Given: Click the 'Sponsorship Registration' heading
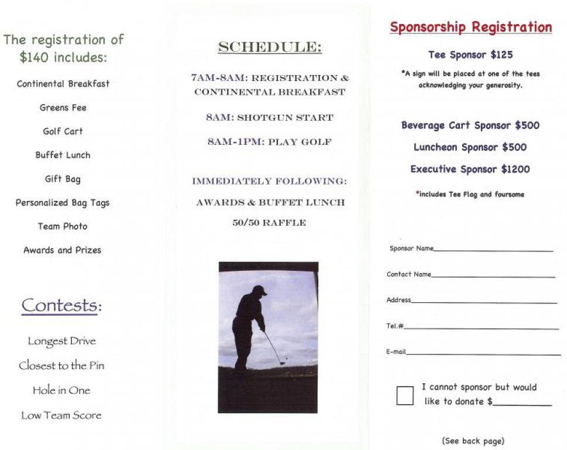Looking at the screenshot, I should pyautogui.click(x=470, y=28).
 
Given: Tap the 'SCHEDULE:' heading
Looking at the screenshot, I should pyautogui.click(x=269, y=47).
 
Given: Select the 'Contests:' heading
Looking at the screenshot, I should pyautogui.click(x=61, y=305).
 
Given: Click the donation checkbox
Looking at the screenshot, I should pyautogui.click(x=405, y=396).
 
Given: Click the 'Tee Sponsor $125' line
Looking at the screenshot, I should pyautogui.click(x=470, y=55).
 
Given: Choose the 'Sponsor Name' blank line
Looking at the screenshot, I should pyautogui.click(x=493, y=251).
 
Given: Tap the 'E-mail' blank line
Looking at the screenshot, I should pyautogui.click(x=483, y=354).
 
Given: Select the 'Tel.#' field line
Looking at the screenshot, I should pyautogui.click(x=480, y=329).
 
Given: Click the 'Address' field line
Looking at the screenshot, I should pyautogui.click(x=484, y=303).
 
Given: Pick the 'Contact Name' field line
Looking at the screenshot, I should pyautogui.click(x=493, y=277).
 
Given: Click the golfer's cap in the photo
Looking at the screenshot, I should pyautogui.click(x=259, y=289).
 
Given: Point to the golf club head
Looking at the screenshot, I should pyautogui.click(x=283, y=364).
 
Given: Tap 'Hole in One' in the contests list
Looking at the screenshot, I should pyautogui.click(x=61, y=390).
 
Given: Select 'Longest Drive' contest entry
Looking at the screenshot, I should pyautogui.click(x=61, y=341).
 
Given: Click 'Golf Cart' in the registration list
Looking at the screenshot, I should pyautogui.click(x=63, y=131).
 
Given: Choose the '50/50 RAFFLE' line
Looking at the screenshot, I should pyautogui.click(x=269, y=223).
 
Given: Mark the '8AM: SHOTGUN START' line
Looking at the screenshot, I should pyautogui.click(x=269, y=118).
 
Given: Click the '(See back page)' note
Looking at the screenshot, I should pyautogui.click(x=473, y=441).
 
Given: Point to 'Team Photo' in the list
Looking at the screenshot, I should pyautogui.click(x=63, y=226).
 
